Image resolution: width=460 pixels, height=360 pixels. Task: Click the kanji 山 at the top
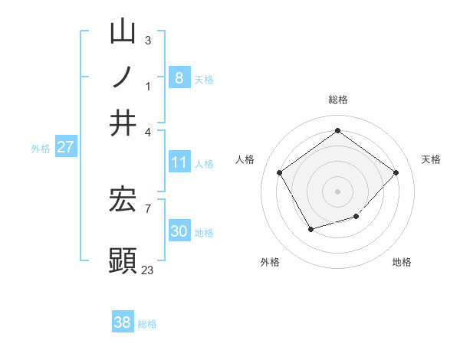123,32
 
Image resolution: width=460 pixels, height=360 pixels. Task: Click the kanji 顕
123,260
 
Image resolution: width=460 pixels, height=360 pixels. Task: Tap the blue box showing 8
179,77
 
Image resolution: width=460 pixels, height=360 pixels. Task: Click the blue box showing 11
179,162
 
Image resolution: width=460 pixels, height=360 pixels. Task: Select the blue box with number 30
179,231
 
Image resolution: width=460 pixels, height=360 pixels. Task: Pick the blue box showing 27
65,147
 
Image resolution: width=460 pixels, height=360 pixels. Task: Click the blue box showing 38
123,322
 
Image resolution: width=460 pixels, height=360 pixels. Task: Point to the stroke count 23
147,270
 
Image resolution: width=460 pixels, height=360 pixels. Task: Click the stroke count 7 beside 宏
147,208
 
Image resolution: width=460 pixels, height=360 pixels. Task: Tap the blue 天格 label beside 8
204,79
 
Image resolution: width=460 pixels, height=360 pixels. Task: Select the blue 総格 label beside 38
147,324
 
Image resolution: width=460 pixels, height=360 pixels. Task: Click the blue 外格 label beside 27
41,149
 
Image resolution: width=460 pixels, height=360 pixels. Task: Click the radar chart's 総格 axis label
337,100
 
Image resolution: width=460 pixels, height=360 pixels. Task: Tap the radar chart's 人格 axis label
245,159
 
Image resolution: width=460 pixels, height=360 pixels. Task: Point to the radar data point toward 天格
396,172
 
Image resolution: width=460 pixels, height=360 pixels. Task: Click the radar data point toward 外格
310,229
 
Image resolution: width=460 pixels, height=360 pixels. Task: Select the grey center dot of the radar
337,191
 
